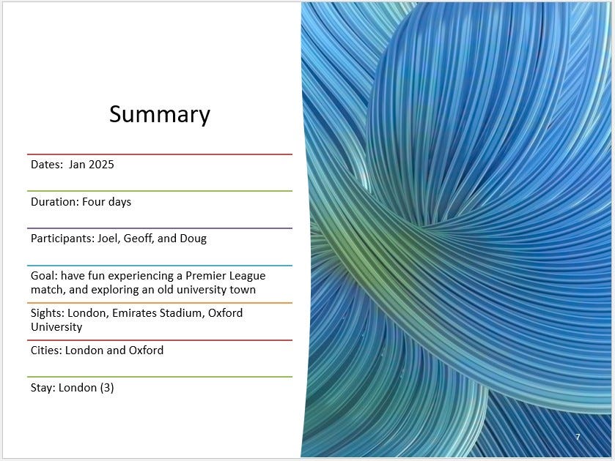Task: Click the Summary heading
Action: [160, 114]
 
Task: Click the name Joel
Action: [108, 239]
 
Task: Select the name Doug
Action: [193, 239]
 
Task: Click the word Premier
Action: [205, 276]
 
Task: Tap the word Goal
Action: [44, 276]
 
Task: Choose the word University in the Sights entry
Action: [56, 327]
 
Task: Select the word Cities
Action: [46, 351]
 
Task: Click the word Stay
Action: [43, 388]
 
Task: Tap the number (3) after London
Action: [107, 388]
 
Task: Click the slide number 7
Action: [578, 437]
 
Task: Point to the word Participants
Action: [63, 239]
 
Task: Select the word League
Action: [248, 276]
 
